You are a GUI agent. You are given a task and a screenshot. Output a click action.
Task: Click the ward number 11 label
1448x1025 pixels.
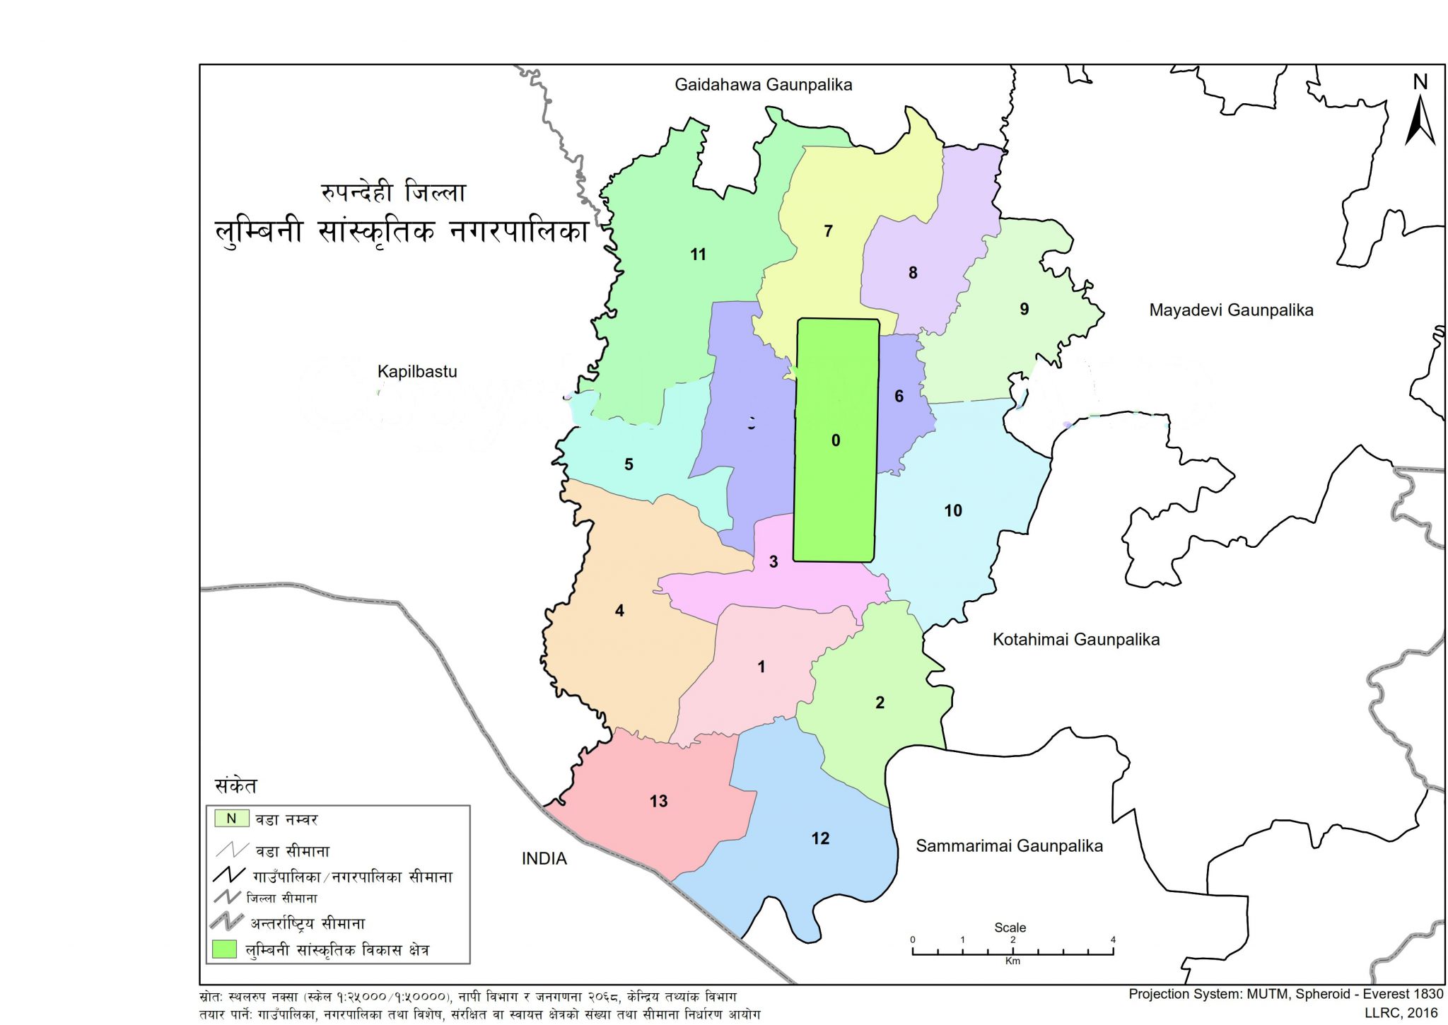[x=698, y=254]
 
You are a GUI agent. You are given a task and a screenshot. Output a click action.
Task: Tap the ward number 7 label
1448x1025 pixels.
[x=828, y=231]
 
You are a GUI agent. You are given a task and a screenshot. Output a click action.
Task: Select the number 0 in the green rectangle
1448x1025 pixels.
[x=835, y=440]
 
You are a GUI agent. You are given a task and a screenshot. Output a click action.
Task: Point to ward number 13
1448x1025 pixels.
[x=658, y=801]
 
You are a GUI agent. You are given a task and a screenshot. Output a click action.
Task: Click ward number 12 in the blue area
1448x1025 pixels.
[x=819, y=838]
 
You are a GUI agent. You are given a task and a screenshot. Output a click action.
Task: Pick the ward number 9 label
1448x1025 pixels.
[x=1024, y=309]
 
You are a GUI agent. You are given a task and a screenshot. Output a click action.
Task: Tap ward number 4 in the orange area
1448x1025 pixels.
[x=619, y=610]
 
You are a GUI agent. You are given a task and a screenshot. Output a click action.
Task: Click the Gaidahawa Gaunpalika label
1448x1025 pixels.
[x=763, y=85]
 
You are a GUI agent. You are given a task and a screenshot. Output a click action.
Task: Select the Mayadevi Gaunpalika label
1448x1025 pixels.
[x=1230, y=310]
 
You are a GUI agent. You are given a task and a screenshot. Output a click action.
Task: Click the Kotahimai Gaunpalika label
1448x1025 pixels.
[x=1075, y=639]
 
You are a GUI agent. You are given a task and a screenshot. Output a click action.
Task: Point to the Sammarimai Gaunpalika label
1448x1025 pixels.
[x=1009, y=845]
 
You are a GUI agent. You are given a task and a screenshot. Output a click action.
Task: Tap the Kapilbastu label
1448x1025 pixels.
[x=416, y=371]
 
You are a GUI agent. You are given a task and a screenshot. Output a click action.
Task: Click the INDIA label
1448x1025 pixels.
[x=544, y=858]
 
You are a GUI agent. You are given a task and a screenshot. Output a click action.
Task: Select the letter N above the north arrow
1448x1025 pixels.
[x=1420, y=82]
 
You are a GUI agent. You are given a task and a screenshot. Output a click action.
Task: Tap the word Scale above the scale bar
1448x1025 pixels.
[x=1010, y=927]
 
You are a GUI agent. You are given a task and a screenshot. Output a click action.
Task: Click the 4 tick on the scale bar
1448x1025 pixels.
[x=1113, y=940]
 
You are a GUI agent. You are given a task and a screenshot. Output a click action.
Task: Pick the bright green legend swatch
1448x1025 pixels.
[x=224, y=949]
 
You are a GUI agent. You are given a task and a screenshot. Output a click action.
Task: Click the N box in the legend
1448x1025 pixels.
[x=231, y=819]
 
